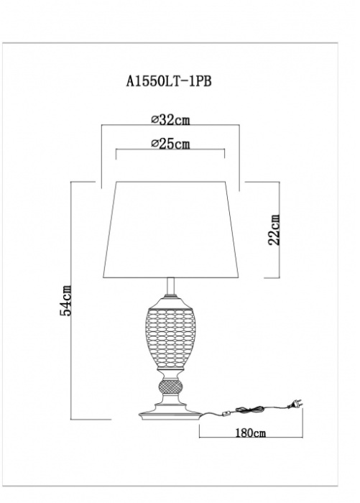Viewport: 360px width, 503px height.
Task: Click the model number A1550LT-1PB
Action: (169, 81)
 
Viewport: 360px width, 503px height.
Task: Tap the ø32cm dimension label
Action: (171, 120)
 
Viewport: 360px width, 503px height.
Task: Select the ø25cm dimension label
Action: (171, 144)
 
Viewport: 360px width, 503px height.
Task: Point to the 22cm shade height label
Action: (274, 230)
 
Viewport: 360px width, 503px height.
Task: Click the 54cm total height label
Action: (66, 300)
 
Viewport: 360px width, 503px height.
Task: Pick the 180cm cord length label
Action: (251, 433)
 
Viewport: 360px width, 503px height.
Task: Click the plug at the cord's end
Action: (295, 404)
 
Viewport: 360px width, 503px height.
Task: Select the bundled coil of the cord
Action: (249, 410)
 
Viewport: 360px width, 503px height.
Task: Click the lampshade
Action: (171, 230)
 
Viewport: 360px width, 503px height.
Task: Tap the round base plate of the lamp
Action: (171, 414)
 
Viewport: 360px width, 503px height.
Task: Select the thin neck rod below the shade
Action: (171, 287)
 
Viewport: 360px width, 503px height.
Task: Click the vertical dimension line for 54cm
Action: (71, 300)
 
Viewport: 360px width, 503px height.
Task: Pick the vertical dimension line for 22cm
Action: (280, 230)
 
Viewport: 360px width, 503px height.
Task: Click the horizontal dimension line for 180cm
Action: (251, 438)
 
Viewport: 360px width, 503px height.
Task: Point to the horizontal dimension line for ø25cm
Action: (170, 149)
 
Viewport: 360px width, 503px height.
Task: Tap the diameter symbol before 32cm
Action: (154, 120)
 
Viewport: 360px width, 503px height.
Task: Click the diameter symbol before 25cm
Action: (154, 144)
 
